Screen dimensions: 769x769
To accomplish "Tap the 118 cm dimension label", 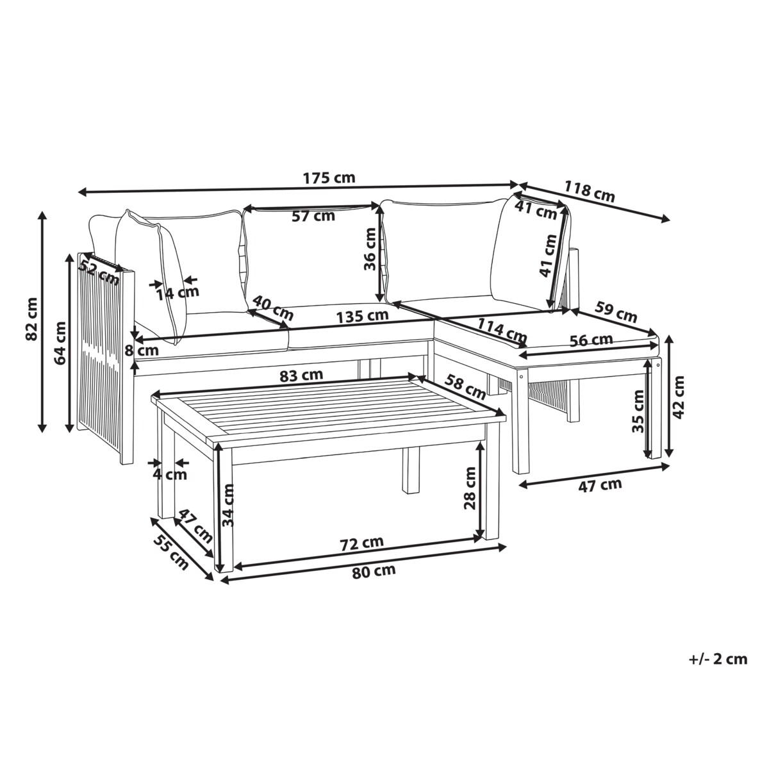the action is coord(590,192).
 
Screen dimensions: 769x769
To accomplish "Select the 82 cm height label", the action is coord(31,318).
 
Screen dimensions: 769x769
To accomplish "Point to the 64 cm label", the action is coord(60,343).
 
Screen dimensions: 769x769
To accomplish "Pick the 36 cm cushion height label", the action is coord(370,249).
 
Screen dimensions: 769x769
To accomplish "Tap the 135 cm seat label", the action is coord(362,316).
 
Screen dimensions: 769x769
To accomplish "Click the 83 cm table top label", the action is coord(301,376).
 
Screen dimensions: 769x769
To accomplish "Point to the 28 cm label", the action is coord(470,488).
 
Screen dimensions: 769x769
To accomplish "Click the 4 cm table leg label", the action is coord(170,475).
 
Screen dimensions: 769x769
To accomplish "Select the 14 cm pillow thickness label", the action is coord(177,294).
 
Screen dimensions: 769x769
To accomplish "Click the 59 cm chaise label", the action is coord(616,311).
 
